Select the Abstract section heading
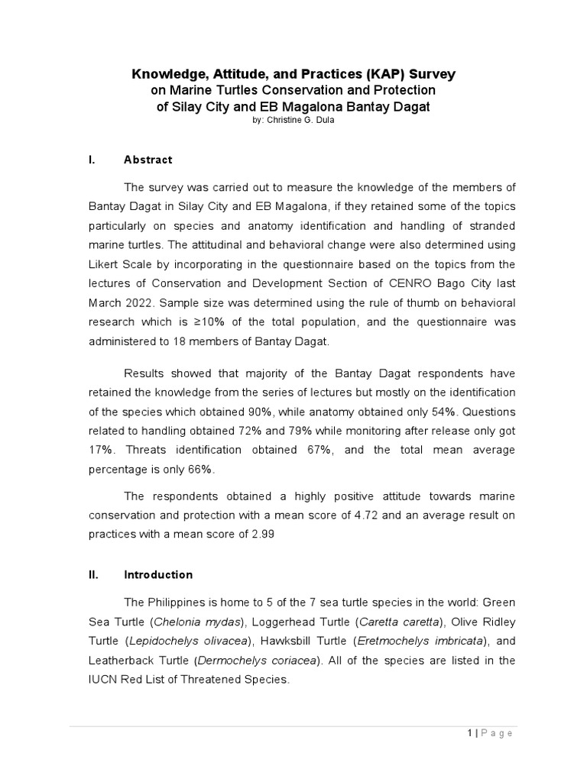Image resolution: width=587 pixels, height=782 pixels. click(x=148, y=160)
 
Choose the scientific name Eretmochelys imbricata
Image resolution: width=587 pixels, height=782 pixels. click(x=434, y=641)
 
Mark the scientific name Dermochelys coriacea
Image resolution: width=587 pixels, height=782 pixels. click(x=251, y=659)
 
